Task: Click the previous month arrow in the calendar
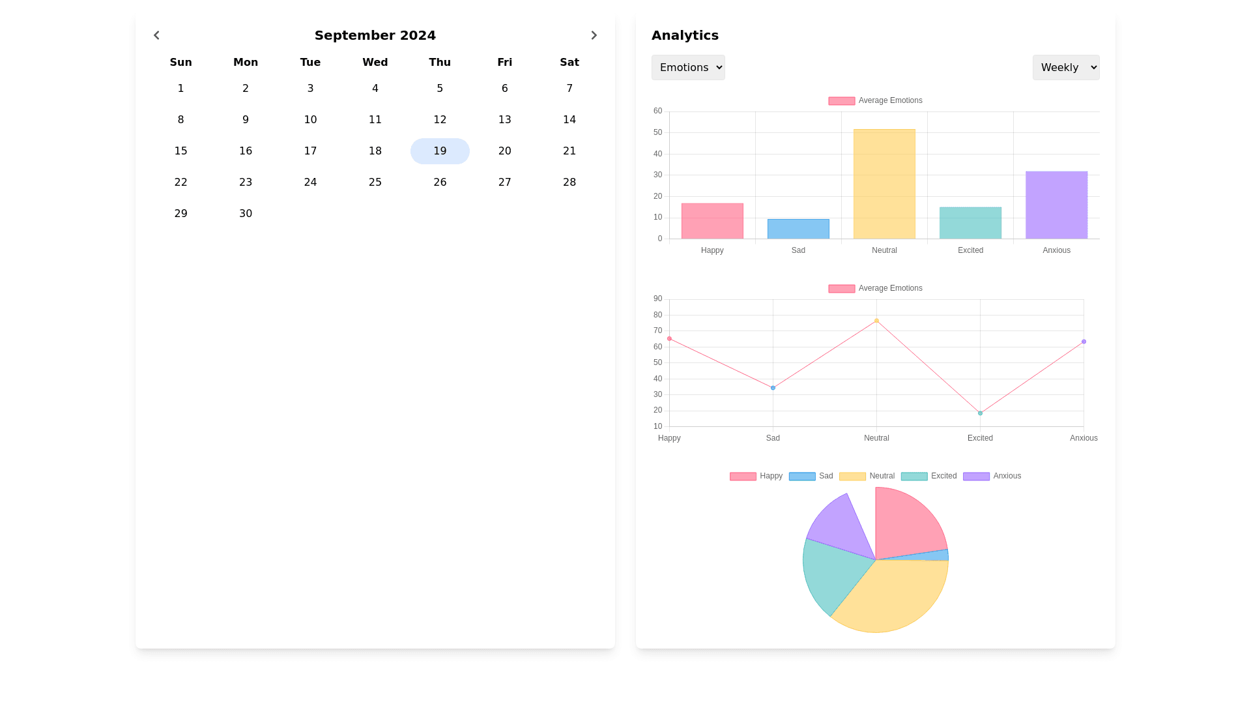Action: point(156,35)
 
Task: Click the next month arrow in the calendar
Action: point(594,35)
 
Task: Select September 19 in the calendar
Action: point(440,151)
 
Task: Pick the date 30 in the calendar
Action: point(246,214)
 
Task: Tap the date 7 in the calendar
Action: point(569,89)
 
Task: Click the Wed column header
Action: point(375,63)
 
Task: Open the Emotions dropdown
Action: point(688,68)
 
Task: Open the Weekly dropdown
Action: point(1065,68)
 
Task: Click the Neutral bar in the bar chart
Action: point(884,184)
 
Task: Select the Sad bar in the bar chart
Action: point(798,229)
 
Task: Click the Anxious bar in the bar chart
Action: point(1056,205)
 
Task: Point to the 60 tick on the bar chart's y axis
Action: point(658,111)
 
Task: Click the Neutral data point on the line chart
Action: point(876,321)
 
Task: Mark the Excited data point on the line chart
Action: point(980,413)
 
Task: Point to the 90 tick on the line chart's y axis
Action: point(658,299)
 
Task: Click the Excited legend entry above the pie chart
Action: point(929,477)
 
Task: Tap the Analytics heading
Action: point(685,35)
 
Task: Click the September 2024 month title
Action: point(375,35)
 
